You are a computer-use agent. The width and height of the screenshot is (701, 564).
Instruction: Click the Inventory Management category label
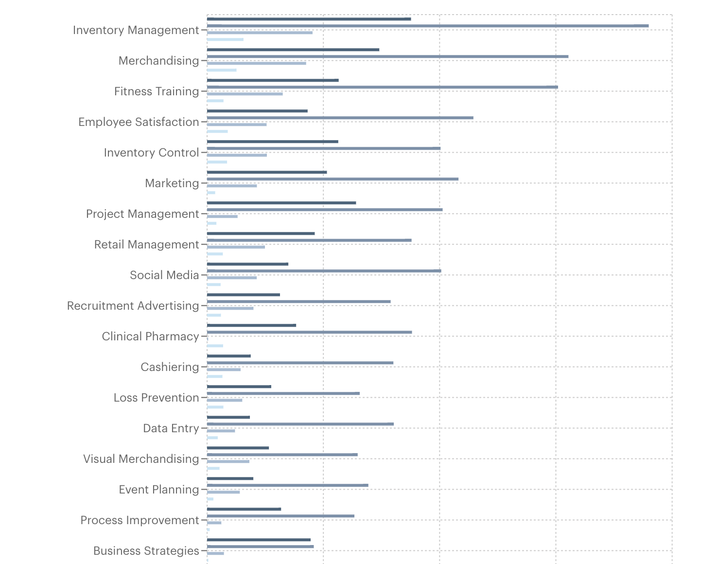click(136, 30)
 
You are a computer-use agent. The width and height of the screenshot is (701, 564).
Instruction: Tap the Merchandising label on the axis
click(158, 61)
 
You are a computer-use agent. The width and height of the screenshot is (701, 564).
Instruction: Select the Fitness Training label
click(156, 91)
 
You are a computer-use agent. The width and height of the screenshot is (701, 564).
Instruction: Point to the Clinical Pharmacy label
click(150, 336)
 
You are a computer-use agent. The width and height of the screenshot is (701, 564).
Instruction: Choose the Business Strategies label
click(146, 551)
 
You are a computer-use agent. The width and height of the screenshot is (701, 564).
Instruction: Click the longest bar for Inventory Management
click(428, 26)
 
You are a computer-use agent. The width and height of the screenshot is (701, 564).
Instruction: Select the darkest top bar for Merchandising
click(293, 50)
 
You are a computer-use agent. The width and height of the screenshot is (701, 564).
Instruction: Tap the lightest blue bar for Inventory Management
click(225, 39)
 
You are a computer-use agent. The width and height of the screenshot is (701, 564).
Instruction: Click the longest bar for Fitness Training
click(383, 87)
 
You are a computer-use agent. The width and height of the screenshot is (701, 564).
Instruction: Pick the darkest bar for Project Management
click(281, 203)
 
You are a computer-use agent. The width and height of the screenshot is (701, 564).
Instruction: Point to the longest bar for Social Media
click(324, 271)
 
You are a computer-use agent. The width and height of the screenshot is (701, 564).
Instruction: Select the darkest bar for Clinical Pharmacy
click(251, 325)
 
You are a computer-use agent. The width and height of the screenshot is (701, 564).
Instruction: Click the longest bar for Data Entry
click(300, 424)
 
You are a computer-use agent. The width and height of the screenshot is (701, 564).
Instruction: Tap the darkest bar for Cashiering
click(229, 356)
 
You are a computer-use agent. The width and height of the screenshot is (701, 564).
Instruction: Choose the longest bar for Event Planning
click(288, 485)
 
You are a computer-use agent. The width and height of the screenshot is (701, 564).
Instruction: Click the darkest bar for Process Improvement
click(244, 509)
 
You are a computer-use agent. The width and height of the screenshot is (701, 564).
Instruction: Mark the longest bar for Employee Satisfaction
click(340, 118)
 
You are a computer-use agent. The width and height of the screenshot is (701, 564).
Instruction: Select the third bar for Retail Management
click(236, 247)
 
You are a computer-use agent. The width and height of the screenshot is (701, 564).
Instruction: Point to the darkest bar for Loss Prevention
click(239, 387)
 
